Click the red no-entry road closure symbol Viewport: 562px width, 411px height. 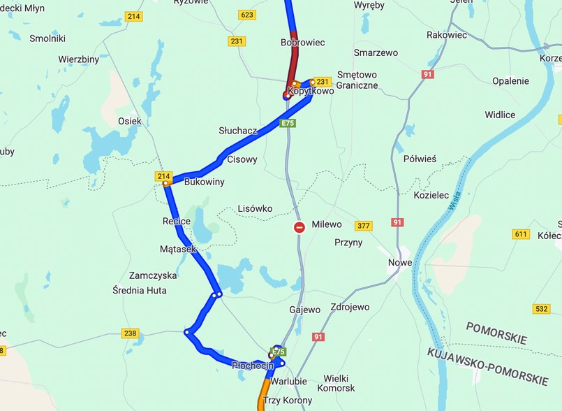(x=300, y=227)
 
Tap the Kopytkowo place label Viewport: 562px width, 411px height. (x=306, y=91)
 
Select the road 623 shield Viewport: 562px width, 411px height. (x=246, y=15)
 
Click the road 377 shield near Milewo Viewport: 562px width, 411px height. (x=363, y=226)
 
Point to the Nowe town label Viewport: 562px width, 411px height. (x=400, y=263)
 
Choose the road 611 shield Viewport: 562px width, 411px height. (x=521, y=234)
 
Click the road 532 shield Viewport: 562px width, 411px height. (x=541, y=308)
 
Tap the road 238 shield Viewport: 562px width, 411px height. (x=130, y=333)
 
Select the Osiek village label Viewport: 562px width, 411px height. (x=130, y=121)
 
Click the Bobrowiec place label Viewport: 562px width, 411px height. (x=303, y=43)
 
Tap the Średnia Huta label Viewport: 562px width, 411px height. (x=140, y=290)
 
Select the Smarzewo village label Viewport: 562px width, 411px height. (x=376, y=52)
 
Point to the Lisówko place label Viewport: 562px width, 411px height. (x=255, y=208)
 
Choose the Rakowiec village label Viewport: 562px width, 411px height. (x=446, y=34)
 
